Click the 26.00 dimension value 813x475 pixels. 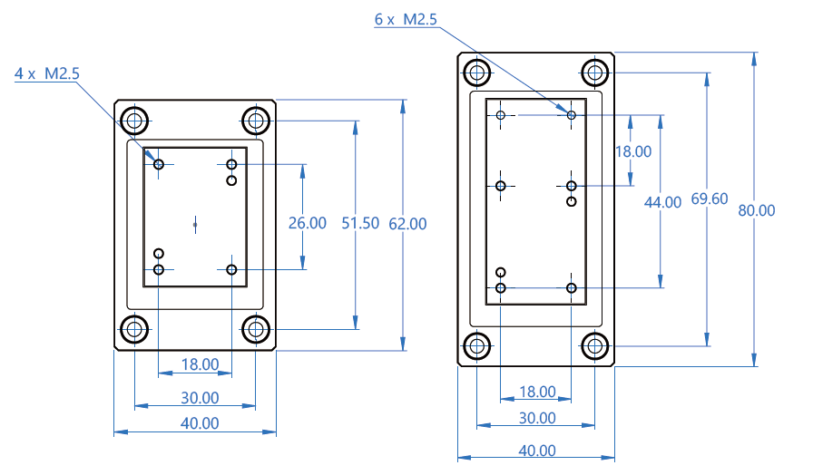(x=307, y=223)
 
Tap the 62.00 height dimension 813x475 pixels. (x=407, y=223)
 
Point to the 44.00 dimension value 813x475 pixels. (x=661, y=202)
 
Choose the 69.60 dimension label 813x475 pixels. (x=709, y=199)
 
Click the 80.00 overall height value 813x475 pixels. (x=757, y=210)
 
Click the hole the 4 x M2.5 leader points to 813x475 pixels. (x=159, y=164)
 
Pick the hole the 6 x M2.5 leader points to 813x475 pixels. (x=572, y=115)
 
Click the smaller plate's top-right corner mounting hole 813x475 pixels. (x=256, y=119)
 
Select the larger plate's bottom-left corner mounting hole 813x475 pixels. (x=475, y=344)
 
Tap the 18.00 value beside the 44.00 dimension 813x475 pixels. (x=632, y=151)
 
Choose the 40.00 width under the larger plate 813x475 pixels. (x=537, y=451)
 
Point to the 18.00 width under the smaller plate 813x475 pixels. (x=200, y=364)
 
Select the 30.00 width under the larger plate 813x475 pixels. (x=537, y=418)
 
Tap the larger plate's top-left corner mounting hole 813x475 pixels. (x=475, y=72)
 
